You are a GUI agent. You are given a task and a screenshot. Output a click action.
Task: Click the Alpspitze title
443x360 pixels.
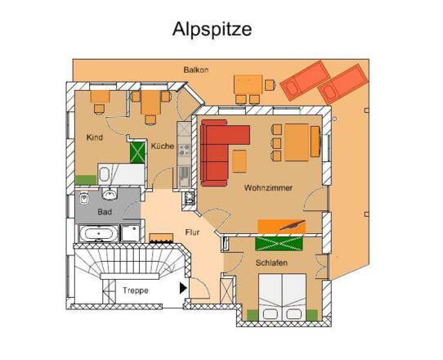click(212, 29)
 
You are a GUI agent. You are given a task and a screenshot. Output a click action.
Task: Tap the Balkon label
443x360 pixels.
click(196, 70)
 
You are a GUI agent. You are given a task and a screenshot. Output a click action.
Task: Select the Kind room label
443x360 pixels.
click(95, 137)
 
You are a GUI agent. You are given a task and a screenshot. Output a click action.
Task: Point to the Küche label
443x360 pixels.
click(163, 146)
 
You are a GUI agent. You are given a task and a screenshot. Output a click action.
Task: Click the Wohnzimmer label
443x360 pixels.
click(268, 188)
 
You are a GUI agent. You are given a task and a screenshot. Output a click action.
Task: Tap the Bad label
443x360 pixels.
click(105, 212)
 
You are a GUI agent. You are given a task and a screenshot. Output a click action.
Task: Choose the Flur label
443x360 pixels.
click(192, 232)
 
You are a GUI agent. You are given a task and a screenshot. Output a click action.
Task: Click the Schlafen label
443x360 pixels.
click(271, 263)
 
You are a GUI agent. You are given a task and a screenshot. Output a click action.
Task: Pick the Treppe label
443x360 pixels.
click(136, 290)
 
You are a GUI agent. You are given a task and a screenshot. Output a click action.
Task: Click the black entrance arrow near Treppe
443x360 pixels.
click(183, 288)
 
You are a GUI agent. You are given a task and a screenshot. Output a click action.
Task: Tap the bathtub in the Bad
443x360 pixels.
click(99, 233)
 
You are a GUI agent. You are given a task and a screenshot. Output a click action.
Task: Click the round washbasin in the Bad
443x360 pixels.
click(110, 194)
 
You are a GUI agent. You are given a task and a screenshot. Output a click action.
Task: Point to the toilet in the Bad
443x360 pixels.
click(84, 198)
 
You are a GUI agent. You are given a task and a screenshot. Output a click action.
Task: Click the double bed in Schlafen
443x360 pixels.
click(283, 297)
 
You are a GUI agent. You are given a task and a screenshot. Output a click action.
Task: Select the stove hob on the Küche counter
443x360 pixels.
click(184, 151)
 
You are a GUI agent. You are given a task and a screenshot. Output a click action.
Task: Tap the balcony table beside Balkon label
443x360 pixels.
click(248, 84)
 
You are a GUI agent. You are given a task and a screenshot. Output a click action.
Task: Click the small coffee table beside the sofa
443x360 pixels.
click(239, 161)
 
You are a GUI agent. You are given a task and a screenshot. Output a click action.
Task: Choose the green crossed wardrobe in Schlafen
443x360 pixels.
click(279, 244)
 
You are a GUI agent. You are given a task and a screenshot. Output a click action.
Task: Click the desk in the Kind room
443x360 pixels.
click(100, 97)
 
